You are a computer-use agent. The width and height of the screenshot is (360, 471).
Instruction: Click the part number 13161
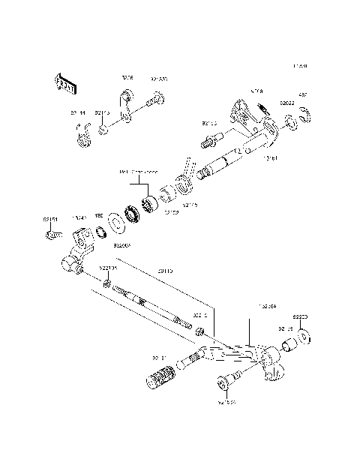[x=271, y=159]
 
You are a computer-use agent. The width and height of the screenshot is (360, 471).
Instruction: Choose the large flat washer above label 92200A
[x=118, y=223]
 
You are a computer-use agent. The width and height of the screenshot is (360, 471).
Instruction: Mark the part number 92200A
[x=122, y=244]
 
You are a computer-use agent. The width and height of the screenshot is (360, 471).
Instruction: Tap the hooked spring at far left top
[x=83, y=136]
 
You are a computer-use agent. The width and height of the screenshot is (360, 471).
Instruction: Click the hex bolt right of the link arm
[x=157, y=97]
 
